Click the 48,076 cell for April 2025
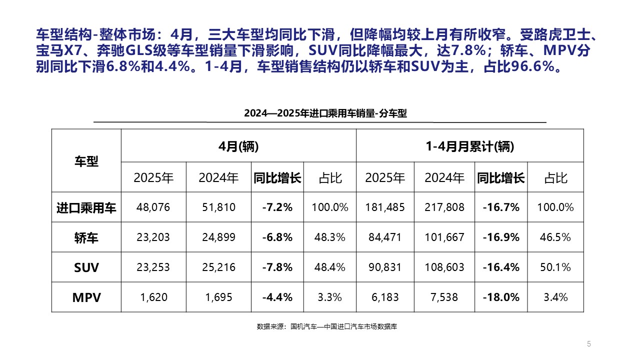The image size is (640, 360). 153,207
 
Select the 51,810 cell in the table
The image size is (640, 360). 218,207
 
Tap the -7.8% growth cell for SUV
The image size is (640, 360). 277,267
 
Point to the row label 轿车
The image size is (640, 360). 86,237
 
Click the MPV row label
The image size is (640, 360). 86,297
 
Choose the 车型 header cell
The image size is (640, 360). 86,161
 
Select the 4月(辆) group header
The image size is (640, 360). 238,146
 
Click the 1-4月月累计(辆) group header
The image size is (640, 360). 469,146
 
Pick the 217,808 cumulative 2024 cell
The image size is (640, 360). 444,207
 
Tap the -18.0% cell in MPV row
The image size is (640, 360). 500,297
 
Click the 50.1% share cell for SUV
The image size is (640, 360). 555,267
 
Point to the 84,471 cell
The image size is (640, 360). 385,237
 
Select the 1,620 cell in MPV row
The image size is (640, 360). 153,297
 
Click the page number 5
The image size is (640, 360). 589,343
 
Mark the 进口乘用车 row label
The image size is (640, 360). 86,207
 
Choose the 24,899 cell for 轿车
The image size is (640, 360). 218,237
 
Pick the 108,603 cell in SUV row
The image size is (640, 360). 444,267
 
